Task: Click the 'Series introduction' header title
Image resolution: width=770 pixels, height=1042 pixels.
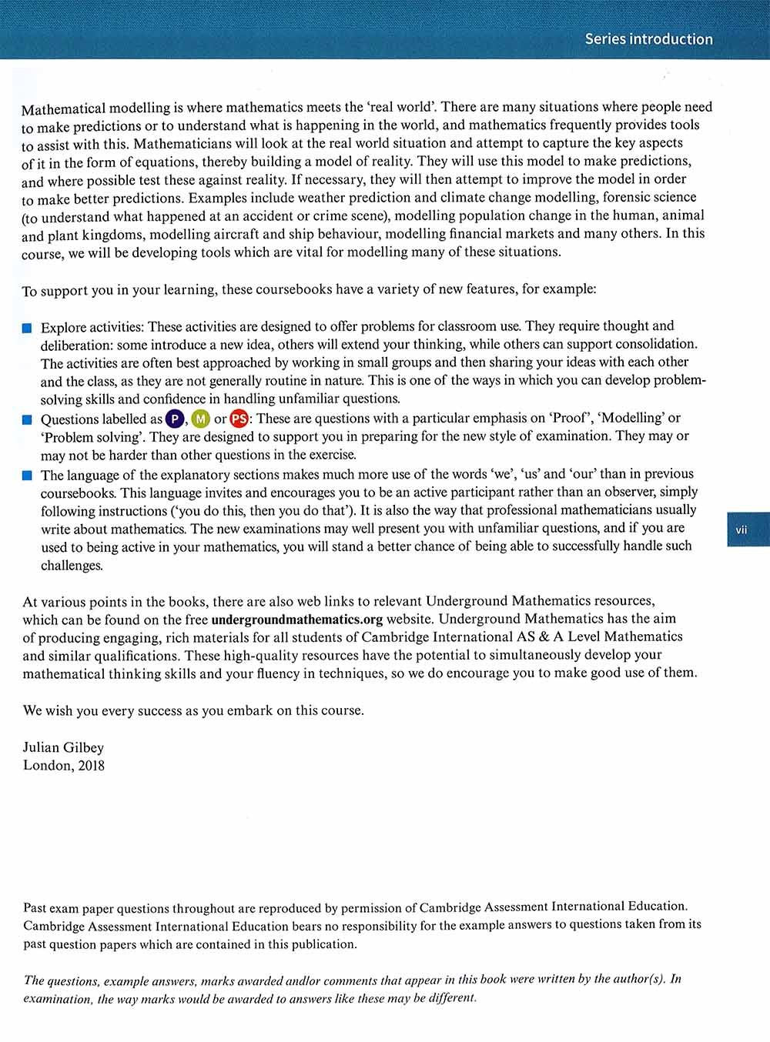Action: pyautogui.click(x=648, y=39)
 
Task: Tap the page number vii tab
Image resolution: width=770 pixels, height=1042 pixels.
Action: pyautogui.click(x=742, y=529)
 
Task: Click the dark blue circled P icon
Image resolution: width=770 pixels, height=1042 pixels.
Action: pyautogui.click(x=175, y=419)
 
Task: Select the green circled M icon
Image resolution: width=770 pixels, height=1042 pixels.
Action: pyautogui.click(x=200, y=419)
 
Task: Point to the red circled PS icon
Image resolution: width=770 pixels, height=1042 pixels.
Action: pyautogui.click(x=239, y=419)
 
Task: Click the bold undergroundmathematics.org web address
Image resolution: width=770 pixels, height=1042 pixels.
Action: pyautogui.click(x=296, y=619)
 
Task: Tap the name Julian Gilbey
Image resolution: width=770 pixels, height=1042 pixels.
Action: pyautogui.click(x=63, y=747)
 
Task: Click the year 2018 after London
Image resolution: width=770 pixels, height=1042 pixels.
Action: pyautogui.click(x=91, y=766)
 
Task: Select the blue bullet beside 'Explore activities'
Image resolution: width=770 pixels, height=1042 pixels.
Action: pyautogui.click(x=27, y=328)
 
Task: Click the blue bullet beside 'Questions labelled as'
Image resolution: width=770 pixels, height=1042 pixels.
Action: pyautogui.click(x=27, y=419)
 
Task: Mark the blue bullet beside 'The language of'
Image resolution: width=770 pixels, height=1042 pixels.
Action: pyautogui.click(x=27, y=476)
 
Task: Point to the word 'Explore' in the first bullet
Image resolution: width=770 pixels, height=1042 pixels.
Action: pyautogui.click(x=64, y=327)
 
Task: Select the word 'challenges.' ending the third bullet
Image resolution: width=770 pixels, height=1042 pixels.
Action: pyautogui.click(x=72, y=566)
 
